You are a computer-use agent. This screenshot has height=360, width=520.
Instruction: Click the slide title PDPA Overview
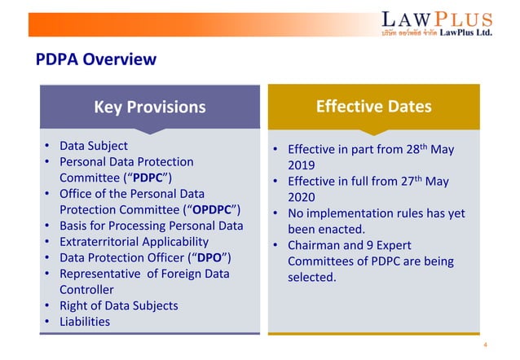pyautogui.click(x=95, y=60)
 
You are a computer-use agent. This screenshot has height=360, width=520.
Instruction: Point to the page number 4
pyautogui.click(x=485, y=345)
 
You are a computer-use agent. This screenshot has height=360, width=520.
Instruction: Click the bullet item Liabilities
pyautogui.click(x=85, y=321)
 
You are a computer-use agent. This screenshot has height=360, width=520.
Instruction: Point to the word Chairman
pyautogui.click(x=318, y=245)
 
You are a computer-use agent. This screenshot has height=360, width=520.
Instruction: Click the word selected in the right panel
pyautogui.click(x=311, y=277)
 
